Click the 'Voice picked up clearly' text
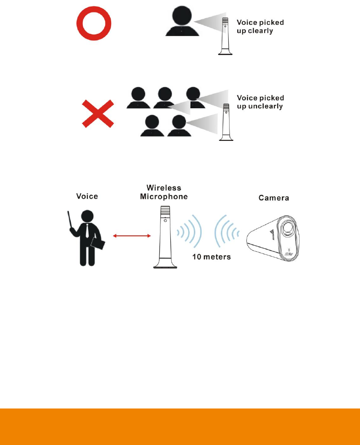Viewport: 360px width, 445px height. pos(260,26)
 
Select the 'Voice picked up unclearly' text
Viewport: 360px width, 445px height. pos(260,102)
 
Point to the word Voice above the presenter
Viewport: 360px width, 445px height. pos(87,196)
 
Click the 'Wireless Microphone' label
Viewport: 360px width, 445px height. pos(164,192)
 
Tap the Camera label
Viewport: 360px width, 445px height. pos(274,198)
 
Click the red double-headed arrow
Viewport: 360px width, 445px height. pos(131,235)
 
